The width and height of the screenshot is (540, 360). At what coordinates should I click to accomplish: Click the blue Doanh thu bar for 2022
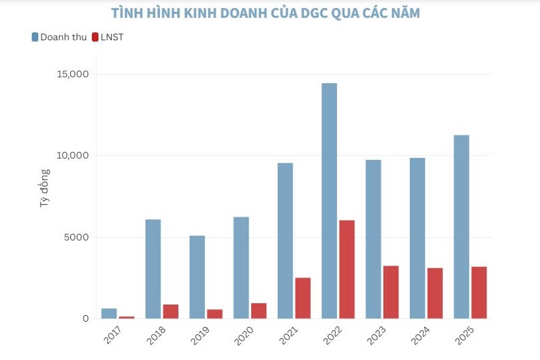click(329, 201)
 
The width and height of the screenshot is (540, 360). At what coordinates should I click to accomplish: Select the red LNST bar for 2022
click(347, 270)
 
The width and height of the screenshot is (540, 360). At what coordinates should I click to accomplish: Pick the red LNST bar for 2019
click(215, 314)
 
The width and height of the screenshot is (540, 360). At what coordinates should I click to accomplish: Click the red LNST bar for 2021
click(303, 298)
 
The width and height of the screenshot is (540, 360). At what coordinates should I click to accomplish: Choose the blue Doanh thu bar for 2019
click(197, 277)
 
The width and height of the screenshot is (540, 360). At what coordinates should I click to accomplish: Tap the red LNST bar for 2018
click(171, 311)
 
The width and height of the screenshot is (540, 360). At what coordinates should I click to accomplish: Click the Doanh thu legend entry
click(59, 37)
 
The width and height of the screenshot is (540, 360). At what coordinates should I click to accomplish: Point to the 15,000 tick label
click(69, 74)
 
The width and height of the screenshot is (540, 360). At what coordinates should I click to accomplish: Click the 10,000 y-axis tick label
click(69, 155)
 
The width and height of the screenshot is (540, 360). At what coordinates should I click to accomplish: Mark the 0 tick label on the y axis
click(85, 318)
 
